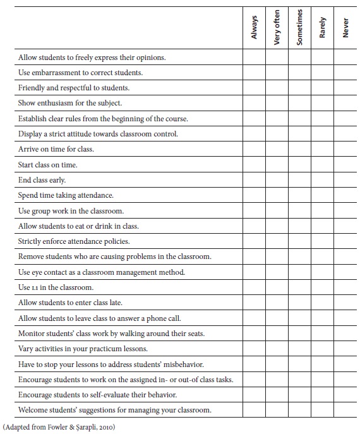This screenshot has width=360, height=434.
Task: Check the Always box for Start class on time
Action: (x=254, y=165)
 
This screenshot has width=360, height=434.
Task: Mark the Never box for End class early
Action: (x=345, y=180)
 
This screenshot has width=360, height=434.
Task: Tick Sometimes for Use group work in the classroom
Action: (x=299, y=211)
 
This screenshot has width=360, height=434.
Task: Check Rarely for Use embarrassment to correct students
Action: (x=322, y=73)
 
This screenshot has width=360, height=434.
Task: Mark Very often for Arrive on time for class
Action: (x=277, y=150)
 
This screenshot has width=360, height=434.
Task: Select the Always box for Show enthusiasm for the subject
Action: (x=254, y=104)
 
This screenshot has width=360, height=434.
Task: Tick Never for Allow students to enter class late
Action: (x=345, y=303)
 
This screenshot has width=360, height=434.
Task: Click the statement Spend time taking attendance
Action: (x=66, y=196)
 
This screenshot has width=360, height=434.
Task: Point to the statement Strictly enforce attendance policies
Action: (x=74, y=241)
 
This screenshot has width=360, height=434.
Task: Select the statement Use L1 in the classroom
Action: (x=56, y=287)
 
